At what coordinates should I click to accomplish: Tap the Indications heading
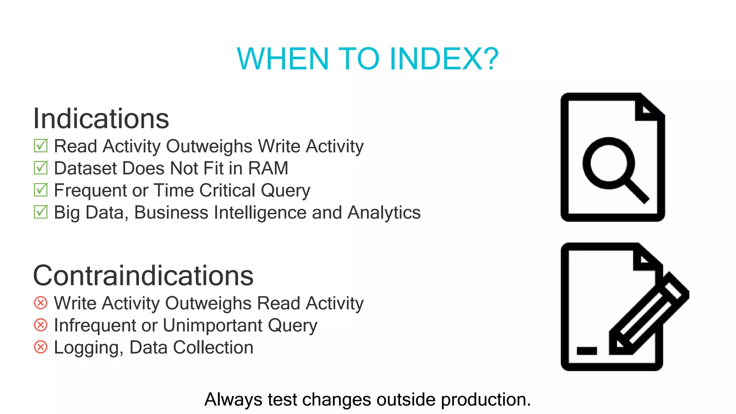[x=101, y=119]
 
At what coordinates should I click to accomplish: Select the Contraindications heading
[x=143, y=276]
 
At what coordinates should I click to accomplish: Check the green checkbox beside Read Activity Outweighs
[x=41, y=146]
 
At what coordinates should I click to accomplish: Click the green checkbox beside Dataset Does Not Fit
[x=41, y=168]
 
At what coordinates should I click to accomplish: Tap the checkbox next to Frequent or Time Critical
[x=41, y=190]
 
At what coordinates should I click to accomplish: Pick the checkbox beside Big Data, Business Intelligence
[x=41, y=212]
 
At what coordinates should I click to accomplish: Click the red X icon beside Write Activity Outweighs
[x=41, y=303]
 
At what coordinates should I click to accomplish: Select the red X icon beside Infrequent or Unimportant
[x=41, y=325]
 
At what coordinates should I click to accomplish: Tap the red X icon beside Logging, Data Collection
[x=41, y=347]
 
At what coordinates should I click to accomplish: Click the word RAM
[x=268, y=168]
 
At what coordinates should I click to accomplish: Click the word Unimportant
[x=213, y=325]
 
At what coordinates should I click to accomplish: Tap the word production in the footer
[x=486, y=400]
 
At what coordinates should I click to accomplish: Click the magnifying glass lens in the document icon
[x=608, y=163]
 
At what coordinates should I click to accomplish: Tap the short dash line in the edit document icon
[x=586, y=350]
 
